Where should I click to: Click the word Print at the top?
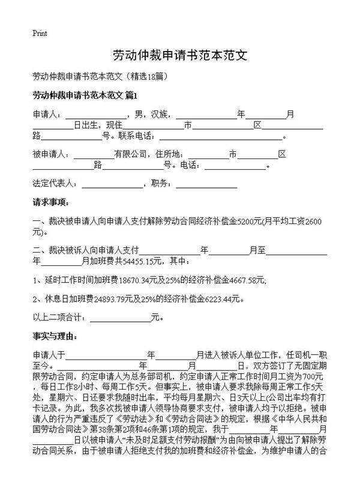coord(40,33)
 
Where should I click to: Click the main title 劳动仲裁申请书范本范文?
coord(180,56)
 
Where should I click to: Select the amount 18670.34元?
coord(141,280)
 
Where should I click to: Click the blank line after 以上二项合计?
coord(119,318)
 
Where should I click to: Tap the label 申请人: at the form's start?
coord(47,114)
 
